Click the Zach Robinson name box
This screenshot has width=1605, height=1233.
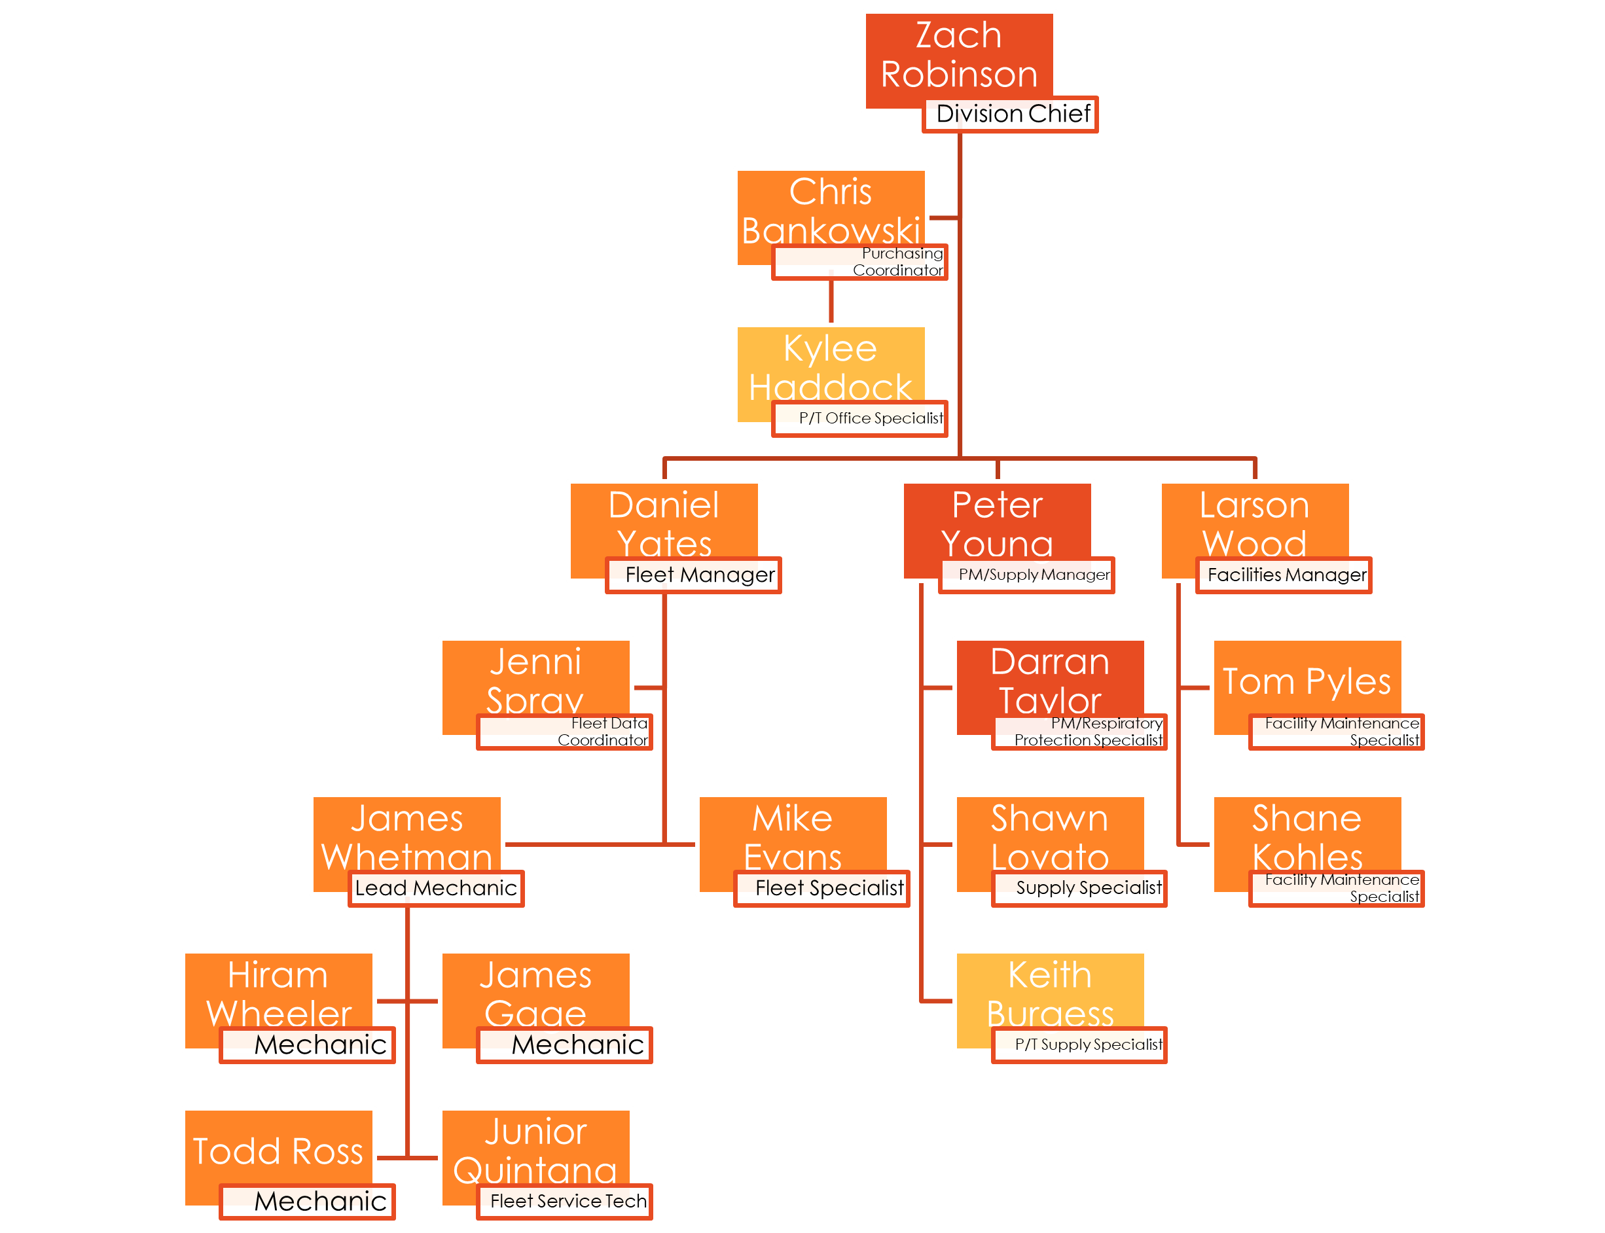(958, 55)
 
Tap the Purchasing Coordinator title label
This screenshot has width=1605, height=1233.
(859, 262)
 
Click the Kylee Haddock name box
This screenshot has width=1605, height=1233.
(830, 367)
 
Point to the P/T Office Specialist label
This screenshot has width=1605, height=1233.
(859, 419)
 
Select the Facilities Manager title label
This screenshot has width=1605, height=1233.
(1284, 575)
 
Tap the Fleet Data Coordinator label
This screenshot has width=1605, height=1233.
(564, 732)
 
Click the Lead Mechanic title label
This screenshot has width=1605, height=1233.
(436, 889)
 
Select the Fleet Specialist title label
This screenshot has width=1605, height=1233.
(822, 889)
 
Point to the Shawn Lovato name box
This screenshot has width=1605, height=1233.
(1049, 836)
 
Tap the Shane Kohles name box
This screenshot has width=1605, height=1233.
(1307, 836)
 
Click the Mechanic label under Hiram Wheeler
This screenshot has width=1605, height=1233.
(308, 1045)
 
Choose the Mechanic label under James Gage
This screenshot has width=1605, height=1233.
(564, 1045)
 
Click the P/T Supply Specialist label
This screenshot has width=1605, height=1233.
(1079, 1045)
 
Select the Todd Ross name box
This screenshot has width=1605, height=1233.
(278, 1149)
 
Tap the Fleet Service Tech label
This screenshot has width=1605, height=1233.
(564, 1202)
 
